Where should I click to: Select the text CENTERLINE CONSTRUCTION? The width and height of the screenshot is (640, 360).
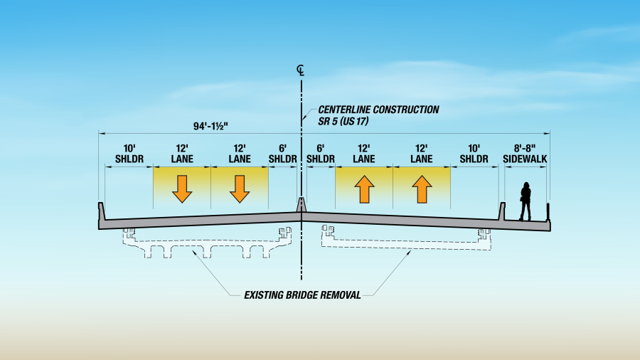coord(378,110)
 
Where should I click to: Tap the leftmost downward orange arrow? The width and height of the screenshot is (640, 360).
coord(182,188)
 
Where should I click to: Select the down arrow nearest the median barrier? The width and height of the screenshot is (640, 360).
coord(240,188)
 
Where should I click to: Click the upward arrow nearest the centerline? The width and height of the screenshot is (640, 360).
coord(364,189)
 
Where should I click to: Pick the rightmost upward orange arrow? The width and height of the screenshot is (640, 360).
coord(422,189)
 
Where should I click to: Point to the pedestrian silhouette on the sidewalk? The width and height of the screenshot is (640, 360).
coord(526,201)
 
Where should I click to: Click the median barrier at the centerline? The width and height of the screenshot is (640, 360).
coord(302,205)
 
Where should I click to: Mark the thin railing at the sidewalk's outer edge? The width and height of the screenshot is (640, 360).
coord(548,211)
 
